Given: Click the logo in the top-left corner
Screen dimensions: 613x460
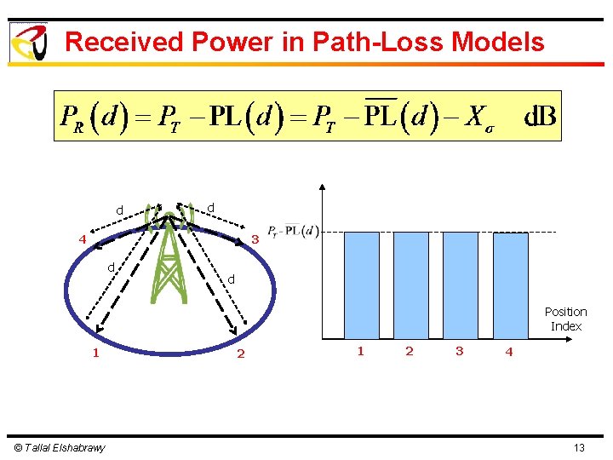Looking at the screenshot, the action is click(x=28, y=42).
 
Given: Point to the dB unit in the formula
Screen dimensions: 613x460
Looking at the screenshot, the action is click(x=538, y=116).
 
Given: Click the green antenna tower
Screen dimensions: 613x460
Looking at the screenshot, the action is click(x=170, y=256).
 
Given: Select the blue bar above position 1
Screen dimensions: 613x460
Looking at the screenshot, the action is click(x=362, y=285).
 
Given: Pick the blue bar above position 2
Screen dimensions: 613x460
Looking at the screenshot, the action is click(x=411, y=285).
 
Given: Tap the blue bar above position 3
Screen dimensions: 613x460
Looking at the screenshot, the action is click(x=461, y=285).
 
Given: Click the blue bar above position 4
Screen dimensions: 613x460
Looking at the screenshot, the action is click(x=511, y=285).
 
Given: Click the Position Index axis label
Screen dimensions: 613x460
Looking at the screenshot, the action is click(x=566, y=319).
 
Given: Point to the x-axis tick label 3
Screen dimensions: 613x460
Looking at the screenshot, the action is click(x=460, y=351).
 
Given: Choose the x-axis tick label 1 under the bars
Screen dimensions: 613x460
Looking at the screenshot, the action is click(x=361, y=351).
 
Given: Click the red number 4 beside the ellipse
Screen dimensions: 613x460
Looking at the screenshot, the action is click(x=83, y=239).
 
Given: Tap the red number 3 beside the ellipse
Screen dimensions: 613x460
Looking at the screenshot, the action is click(x=255, y=239).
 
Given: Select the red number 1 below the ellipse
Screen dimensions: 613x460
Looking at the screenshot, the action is click(x=96, y=353).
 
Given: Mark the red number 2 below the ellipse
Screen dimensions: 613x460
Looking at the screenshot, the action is click(x=241, y=354).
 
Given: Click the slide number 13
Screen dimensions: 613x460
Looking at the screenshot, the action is click(x=579, y=448).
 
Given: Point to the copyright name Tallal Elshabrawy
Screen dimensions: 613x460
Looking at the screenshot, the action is click(x=60, y=448).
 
